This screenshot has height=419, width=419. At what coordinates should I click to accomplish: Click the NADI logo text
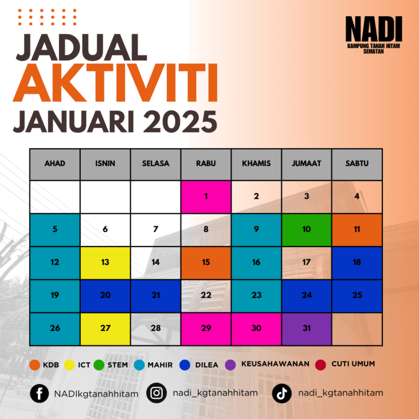click(374, 29)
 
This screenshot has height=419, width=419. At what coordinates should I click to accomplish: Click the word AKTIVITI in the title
click(115, 82)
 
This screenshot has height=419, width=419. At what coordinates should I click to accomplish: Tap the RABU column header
click(206, 164)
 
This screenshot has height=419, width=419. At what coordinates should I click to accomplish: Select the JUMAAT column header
click(307, 164)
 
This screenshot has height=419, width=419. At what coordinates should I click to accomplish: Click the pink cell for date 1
click(206, 197)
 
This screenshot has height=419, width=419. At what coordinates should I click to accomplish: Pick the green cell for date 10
click(307, 230)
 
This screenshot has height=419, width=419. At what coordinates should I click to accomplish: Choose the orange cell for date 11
click(357, 230)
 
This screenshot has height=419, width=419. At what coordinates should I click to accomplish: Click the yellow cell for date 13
click(105, 263)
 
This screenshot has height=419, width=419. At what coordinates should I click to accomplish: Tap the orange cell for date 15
click(206, 263)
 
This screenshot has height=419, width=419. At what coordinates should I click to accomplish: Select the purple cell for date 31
click(307, 329)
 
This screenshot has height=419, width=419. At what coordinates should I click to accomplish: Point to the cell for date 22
click(206, 296)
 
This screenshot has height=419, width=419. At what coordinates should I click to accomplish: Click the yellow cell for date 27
click(105, 329)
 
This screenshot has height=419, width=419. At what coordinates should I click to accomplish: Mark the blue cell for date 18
click(357, 263)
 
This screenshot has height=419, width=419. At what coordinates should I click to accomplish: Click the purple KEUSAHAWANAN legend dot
click(230, 365)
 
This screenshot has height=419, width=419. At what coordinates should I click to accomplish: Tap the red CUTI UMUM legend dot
click(320, 365)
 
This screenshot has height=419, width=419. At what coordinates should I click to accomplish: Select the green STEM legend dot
click(99, 365)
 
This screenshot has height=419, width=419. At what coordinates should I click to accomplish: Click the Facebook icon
click(39, 393)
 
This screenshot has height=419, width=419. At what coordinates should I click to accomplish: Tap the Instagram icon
click(157, 393)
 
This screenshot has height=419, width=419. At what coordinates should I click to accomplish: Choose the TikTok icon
click(282, 393)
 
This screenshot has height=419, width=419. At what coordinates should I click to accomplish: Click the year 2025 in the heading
click(181, 122)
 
